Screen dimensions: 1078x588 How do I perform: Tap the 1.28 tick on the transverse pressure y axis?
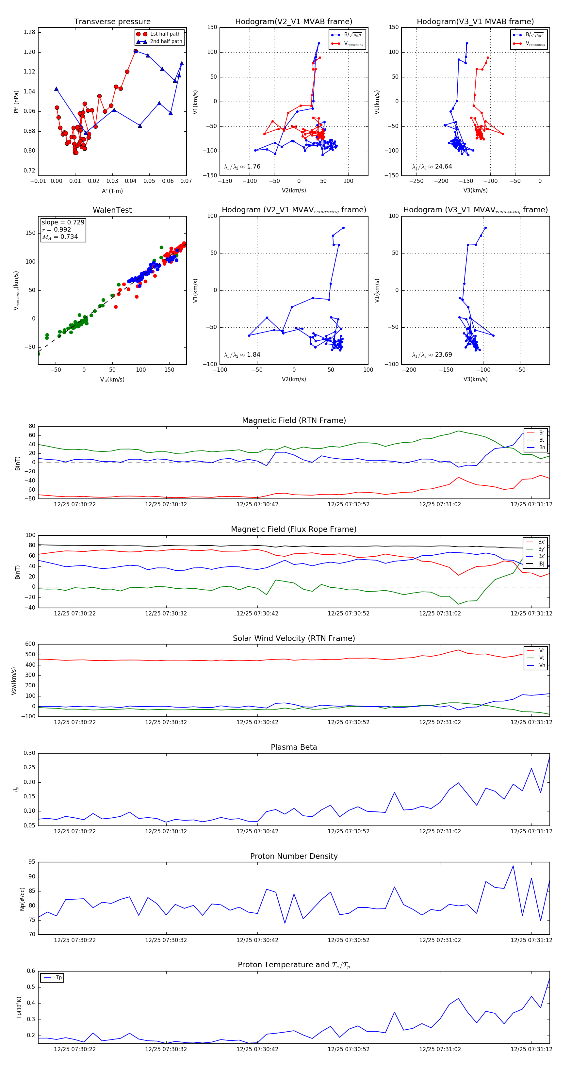29,32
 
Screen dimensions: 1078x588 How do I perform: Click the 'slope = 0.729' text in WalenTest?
63,222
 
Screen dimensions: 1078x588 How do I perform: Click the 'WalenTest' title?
112,210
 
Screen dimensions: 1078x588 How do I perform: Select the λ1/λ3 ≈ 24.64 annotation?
432,167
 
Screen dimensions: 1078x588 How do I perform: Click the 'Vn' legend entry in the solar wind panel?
542,665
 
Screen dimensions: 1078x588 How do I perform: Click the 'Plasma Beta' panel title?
294,747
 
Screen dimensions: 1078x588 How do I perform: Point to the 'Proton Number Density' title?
294,856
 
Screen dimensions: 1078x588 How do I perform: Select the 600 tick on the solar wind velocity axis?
30,644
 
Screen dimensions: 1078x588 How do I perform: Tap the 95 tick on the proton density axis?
32,862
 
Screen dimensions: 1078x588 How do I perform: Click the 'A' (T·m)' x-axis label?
112,191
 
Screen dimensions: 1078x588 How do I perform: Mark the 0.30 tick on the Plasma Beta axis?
29,753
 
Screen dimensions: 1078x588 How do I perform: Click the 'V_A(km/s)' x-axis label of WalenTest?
112,380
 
